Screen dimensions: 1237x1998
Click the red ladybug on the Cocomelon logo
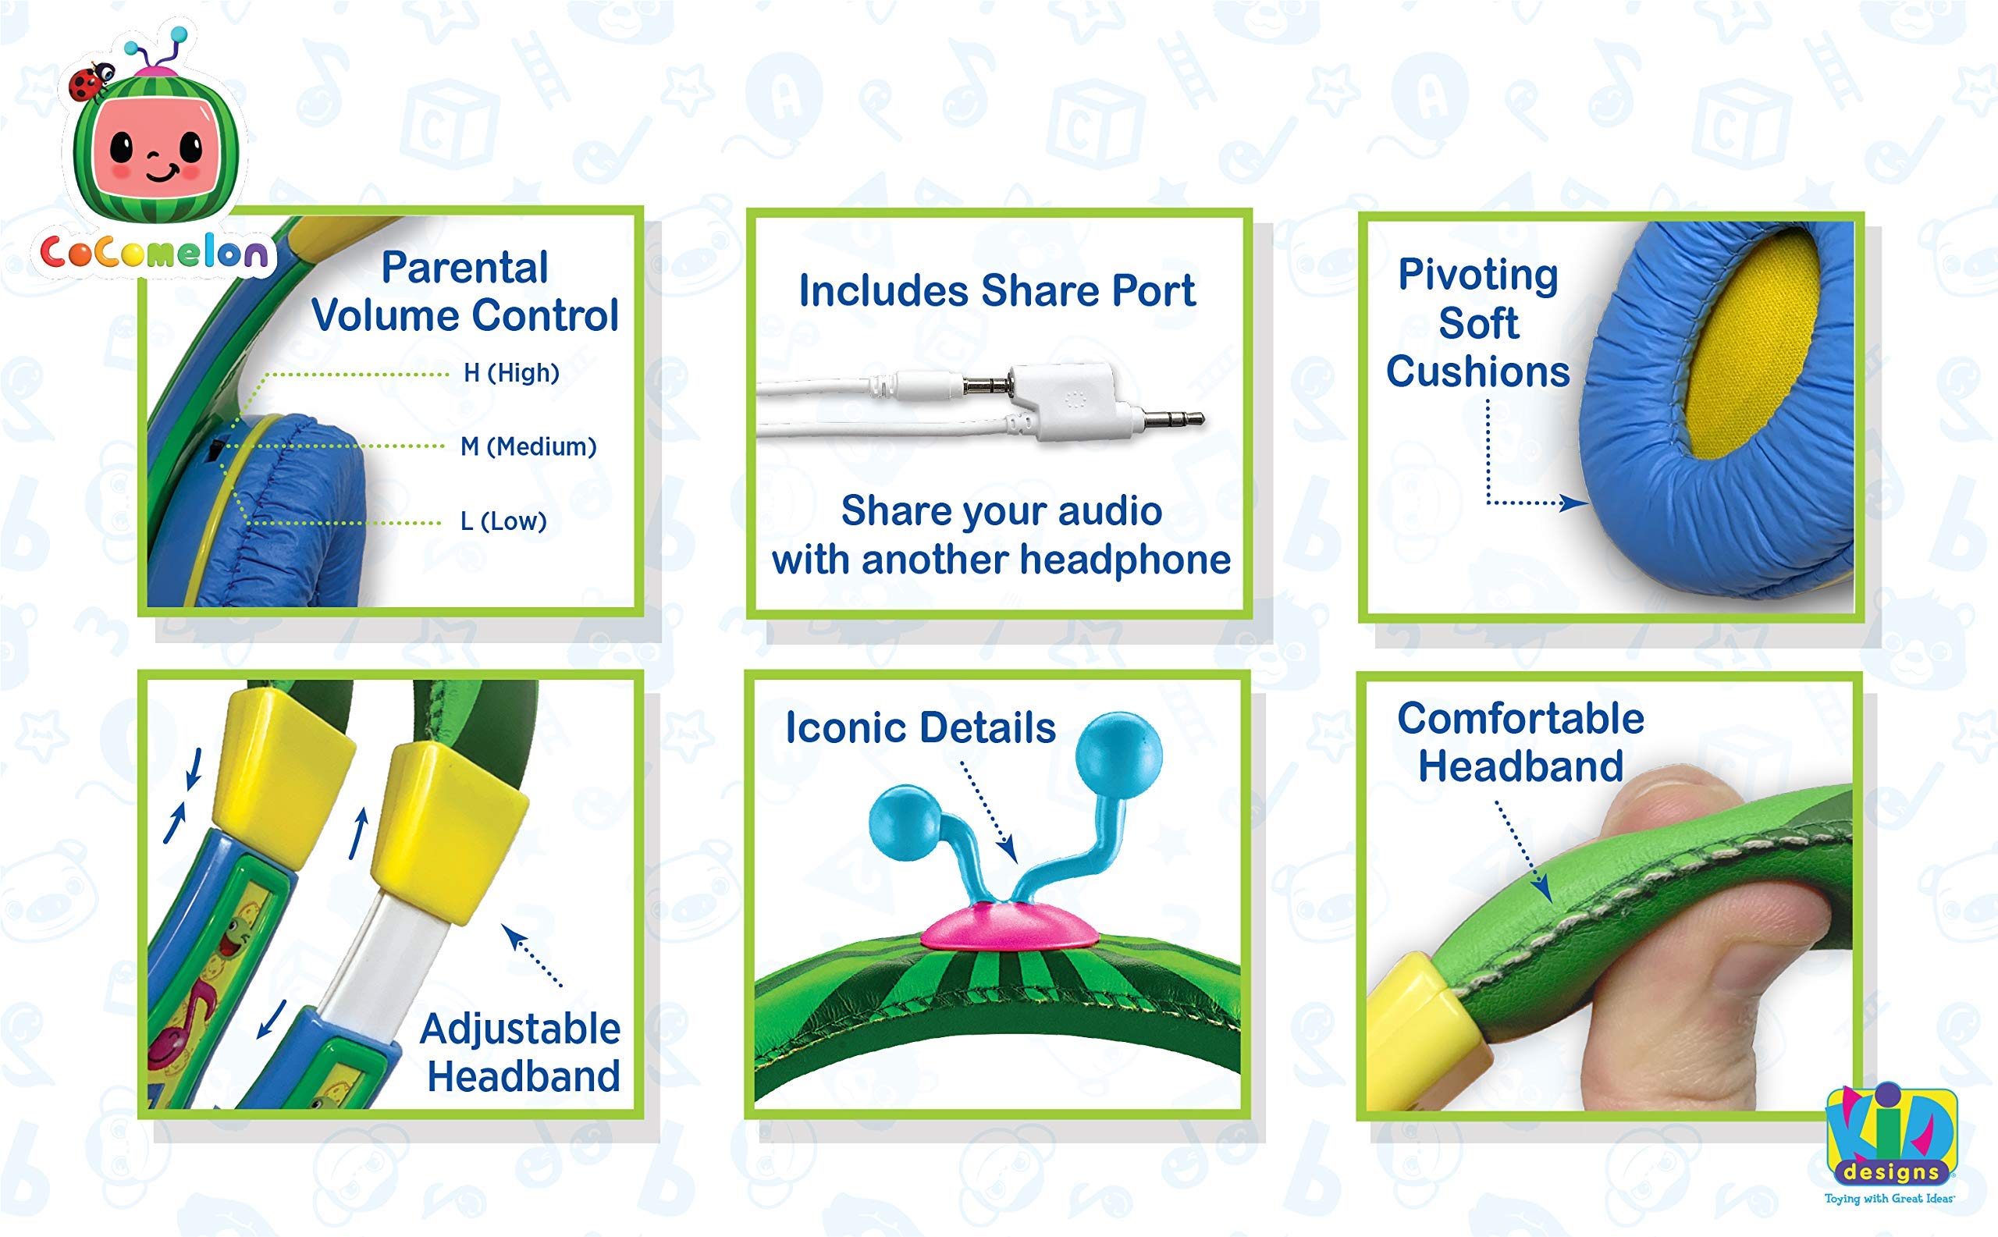click(86, 84)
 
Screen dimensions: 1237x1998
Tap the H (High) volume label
click(511, 373)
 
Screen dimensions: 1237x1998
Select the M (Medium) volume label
click(528, 446)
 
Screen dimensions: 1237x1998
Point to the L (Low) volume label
click(503, 521)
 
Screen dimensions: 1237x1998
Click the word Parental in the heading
click(464, 268)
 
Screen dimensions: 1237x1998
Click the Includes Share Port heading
click(997, 291)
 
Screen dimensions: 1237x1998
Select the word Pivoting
click(1477, 275)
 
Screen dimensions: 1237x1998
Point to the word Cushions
click(1477, 371)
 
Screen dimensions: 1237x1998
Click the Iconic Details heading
click(920, 728)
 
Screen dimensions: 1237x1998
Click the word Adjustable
click(521, 1029)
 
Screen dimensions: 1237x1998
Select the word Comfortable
click(1520, 719)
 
